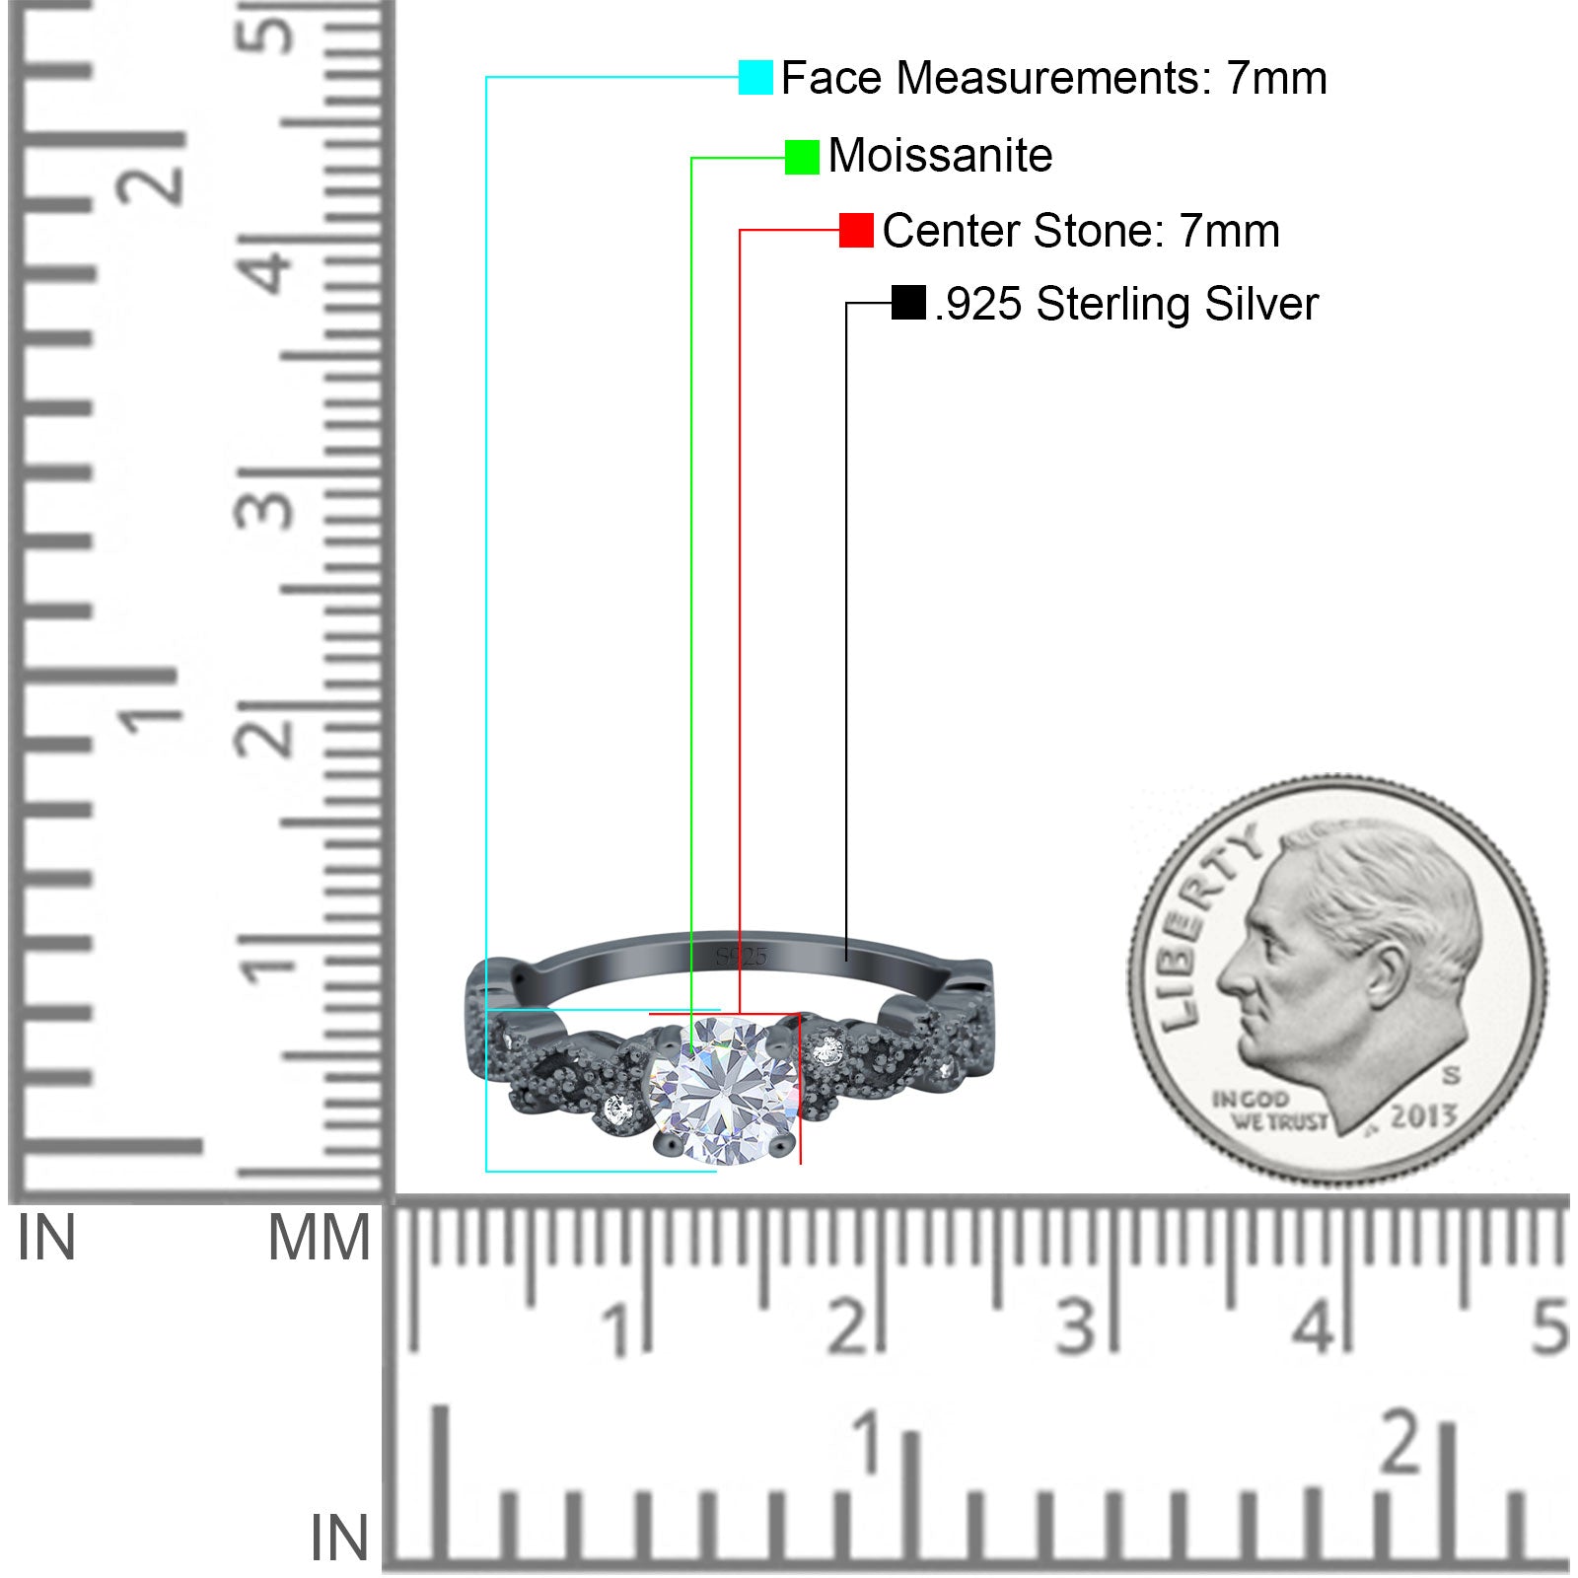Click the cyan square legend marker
755,78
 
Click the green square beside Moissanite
802,157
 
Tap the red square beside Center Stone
856,231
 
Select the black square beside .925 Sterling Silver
908,303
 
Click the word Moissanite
940,156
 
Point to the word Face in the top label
830,78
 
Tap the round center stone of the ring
724,1090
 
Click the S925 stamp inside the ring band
741,956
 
